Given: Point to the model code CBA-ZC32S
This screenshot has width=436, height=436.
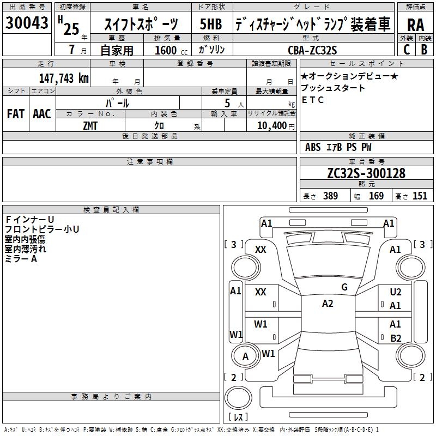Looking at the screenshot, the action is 312,50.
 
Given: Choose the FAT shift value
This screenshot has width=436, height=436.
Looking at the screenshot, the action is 15,114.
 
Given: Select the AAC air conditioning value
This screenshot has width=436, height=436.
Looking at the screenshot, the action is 41,114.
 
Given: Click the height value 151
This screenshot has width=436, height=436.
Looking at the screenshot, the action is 420,196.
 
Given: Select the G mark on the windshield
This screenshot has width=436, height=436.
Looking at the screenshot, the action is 344,287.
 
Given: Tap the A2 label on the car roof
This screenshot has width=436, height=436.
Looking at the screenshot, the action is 327,304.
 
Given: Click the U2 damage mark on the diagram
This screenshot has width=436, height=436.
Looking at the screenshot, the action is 396,292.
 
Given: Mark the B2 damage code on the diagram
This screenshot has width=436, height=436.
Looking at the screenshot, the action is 396,338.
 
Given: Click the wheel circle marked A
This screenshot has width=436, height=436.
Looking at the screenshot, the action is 245,356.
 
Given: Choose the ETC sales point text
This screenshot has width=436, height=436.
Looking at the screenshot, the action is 313,100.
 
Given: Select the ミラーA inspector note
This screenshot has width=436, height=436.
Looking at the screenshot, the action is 21,259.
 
